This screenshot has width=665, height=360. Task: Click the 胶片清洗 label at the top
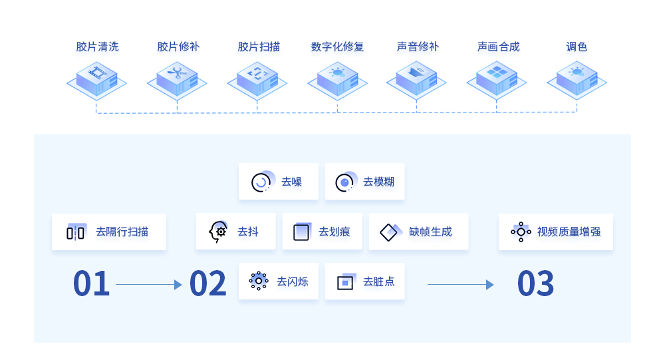tap(97, 47)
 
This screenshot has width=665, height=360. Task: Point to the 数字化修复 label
tap(337, 47)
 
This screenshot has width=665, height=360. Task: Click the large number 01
tap(91, 284)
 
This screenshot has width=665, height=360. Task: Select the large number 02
tap(207, 284)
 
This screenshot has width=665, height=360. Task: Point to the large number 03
tap(535, 284)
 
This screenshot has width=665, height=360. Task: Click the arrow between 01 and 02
tap(148, 285)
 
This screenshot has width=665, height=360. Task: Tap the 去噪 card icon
tap(261, 182)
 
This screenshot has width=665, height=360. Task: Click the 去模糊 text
tap(378, 182)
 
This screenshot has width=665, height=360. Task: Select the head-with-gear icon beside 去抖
tap(218, 232)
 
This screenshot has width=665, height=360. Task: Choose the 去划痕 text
tap(334, 232)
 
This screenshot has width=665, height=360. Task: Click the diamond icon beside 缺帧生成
tap(390, 232)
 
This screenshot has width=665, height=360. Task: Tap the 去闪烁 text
tap(293, 281)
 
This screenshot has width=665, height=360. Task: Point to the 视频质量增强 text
tap(569, 232)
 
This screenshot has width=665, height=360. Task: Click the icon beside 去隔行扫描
tap(76, 232)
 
